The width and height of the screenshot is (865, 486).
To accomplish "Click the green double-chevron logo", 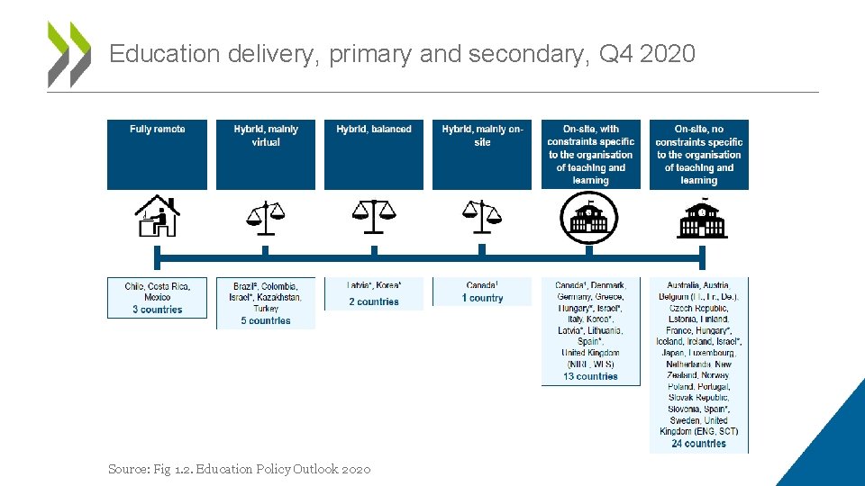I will [69, 54].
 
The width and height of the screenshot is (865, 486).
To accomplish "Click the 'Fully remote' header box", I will [157, 154].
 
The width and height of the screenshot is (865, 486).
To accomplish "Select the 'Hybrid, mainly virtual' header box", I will [266, 154].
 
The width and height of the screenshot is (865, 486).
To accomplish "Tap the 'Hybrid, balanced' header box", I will [374, 154].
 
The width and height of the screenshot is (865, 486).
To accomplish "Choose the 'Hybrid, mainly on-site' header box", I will [482, 154].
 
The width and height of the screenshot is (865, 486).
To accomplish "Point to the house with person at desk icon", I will [157, 216].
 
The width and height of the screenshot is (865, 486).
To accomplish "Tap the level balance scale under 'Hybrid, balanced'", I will [374, 211].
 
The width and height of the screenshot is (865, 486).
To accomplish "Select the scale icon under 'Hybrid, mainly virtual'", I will [265, 212].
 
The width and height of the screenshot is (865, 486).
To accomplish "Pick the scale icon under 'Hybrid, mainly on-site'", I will [482, 212].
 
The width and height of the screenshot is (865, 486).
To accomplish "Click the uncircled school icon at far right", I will [700, 218].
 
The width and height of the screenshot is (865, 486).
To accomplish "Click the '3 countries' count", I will [158, 310].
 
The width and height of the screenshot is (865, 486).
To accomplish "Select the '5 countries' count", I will [266, 320].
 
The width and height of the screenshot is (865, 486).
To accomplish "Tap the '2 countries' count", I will [374, 301].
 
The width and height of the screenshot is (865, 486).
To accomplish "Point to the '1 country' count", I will [482, 298].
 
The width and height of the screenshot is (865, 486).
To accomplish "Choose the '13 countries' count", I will [590, 376].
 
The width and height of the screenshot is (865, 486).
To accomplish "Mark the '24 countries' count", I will [699, 443].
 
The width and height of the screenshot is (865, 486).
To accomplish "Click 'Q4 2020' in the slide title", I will [647, 54].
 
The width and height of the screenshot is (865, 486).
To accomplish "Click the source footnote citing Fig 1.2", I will [239, 469].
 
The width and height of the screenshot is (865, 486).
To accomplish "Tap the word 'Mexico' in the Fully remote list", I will [158, 297].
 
